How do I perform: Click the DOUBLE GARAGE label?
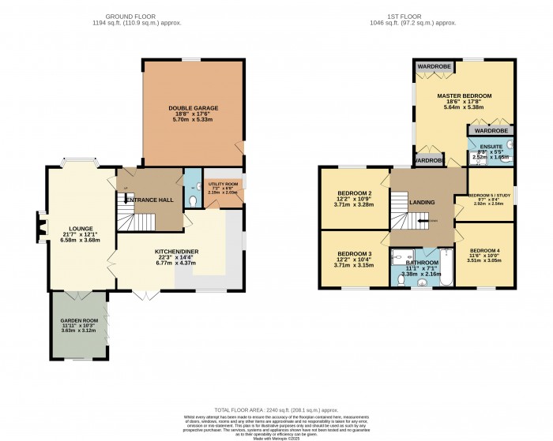[x=193, y=108]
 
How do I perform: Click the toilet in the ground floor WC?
[x=194, y=200]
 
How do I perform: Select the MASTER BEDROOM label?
[x=465, y=95]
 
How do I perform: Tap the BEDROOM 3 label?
[x=355, y=254]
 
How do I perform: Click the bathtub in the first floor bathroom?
[x=447, y=268]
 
